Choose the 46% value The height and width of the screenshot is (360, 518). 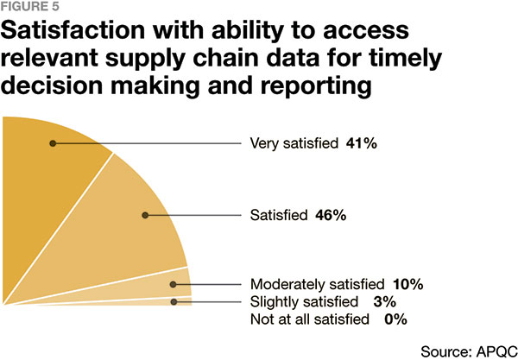click(329, 215)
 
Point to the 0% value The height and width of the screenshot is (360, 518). click(394, 319)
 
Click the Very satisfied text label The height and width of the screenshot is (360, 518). click(294, 143)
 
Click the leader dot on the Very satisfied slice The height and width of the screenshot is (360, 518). click(54, 143)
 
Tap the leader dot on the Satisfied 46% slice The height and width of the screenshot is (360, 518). click(145, 215)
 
